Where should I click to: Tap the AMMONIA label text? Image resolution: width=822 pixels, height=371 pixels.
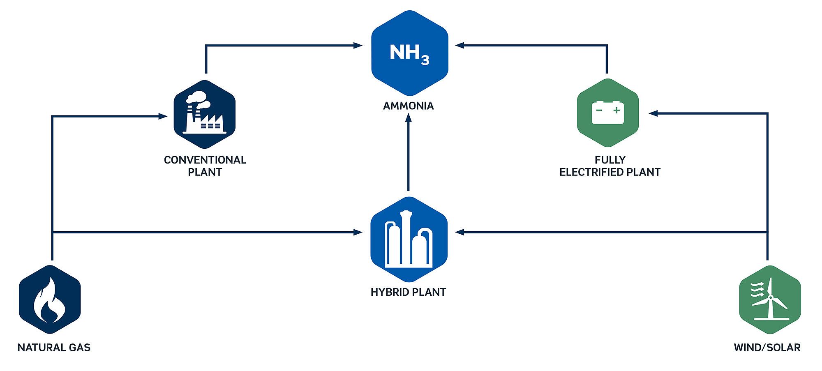pyautogui.click(x=408, y=106)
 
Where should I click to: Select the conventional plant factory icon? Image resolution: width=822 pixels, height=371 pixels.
pyautogui.click(x=204, y=114)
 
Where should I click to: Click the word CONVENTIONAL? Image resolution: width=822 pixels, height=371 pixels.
pyautogui.click(x=205, y=160)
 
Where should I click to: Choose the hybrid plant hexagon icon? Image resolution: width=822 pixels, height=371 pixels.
pyautogui.click(x=409, y=240)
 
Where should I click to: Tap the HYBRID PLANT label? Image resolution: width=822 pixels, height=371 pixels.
pyautogui.click(x=408, y=292)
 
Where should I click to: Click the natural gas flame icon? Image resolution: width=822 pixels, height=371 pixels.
pyautogui.click(x=50, y=300)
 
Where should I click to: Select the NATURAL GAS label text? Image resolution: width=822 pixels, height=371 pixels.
pyautogui.click(x=54, y=348)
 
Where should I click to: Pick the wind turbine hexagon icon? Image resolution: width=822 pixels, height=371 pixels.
pyautogui.click(x=769, y=300)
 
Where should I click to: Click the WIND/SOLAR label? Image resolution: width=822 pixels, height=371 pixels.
pyautogui.click(x=767, y=348)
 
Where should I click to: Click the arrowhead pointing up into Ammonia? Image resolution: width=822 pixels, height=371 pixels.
pyautogui.click(x=408, y=118)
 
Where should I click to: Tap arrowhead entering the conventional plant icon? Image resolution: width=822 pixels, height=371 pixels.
pyautogui.click(x=163, y=116)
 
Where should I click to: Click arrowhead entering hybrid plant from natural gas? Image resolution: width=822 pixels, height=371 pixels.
pyautogui.click(x=358, y=233)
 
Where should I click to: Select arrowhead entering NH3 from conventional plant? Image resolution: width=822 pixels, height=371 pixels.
pyautogui.click(x=358, y=46)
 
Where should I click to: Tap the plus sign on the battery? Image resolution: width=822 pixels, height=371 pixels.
pyautogui.click(x=616, y=110)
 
